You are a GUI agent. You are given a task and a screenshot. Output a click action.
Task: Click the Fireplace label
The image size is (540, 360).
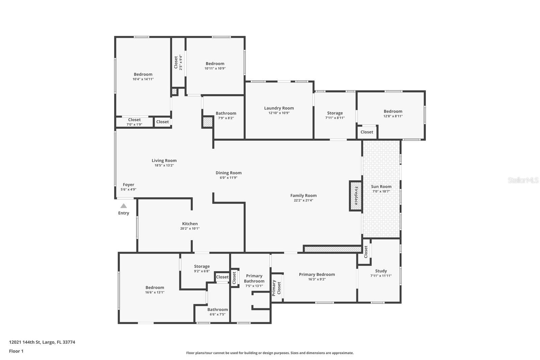tap(356, 196)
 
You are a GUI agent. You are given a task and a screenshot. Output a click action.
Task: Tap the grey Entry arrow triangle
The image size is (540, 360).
tap(124, 206)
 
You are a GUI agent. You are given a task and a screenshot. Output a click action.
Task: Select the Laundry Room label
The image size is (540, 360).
tap(279, 108)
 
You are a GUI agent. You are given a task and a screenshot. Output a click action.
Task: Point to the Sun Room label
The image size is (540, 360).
tap(381, 186)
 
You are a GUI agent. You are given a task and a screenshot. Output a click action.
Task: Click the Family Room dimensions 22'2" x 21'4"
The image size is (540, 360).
tap(303, 200)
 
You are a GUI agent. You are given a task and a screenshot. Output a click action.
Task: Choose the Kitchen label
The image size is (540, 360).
tap(190, 224)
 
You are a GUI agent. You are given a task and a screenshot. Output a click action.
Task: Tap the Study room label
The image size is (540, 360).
tap(381, 271)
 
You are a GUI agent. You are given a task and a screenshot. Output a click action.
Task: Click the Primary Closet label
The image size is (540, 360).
tap(276, 288)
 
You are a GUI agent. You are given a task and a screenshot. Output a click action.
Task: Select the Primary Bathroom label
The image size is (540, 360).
tap(254, 279)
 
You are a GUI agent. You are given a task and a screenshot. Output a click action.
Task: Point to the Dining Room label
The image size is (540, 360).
tap(228, 173)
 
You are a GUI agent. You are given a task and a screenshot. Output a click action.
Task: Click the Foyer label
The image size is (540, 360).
tap(129, 185)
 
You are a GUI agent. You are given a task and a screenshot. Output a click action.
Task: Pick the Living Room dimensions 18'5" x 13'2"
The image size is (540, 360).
tap(164, 165)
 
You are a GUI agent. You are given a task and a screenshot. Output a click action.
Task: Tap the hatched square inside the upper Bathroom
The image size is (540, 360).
tap(207, 122)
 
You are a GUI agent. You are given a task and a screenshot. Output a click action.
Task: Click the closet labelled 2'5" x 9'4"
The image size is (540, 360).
tap(178, 62)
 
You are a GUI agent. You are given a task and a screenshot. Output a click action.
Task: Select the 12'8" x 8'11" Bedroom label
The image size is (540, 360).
tap(393, 111)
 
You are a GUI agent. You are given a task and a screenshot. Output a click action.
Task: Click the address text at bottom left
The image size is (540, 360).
tap(42, 342)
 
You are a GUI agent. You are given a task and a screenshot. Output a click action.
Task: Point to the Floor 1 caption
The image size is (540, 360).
tap(16, 351)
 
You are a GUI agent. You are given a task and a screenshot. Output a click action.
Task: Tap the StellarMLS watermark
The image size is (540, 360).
tap(523, 180)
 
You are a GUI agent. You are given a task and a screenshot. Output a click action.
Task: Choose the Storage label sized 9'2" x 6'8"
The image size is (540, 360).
tap(202, 266)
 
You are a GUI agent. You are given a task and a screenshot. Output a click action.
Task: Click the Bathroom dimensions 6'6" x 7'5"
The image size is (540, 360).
tap(217, 314)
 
